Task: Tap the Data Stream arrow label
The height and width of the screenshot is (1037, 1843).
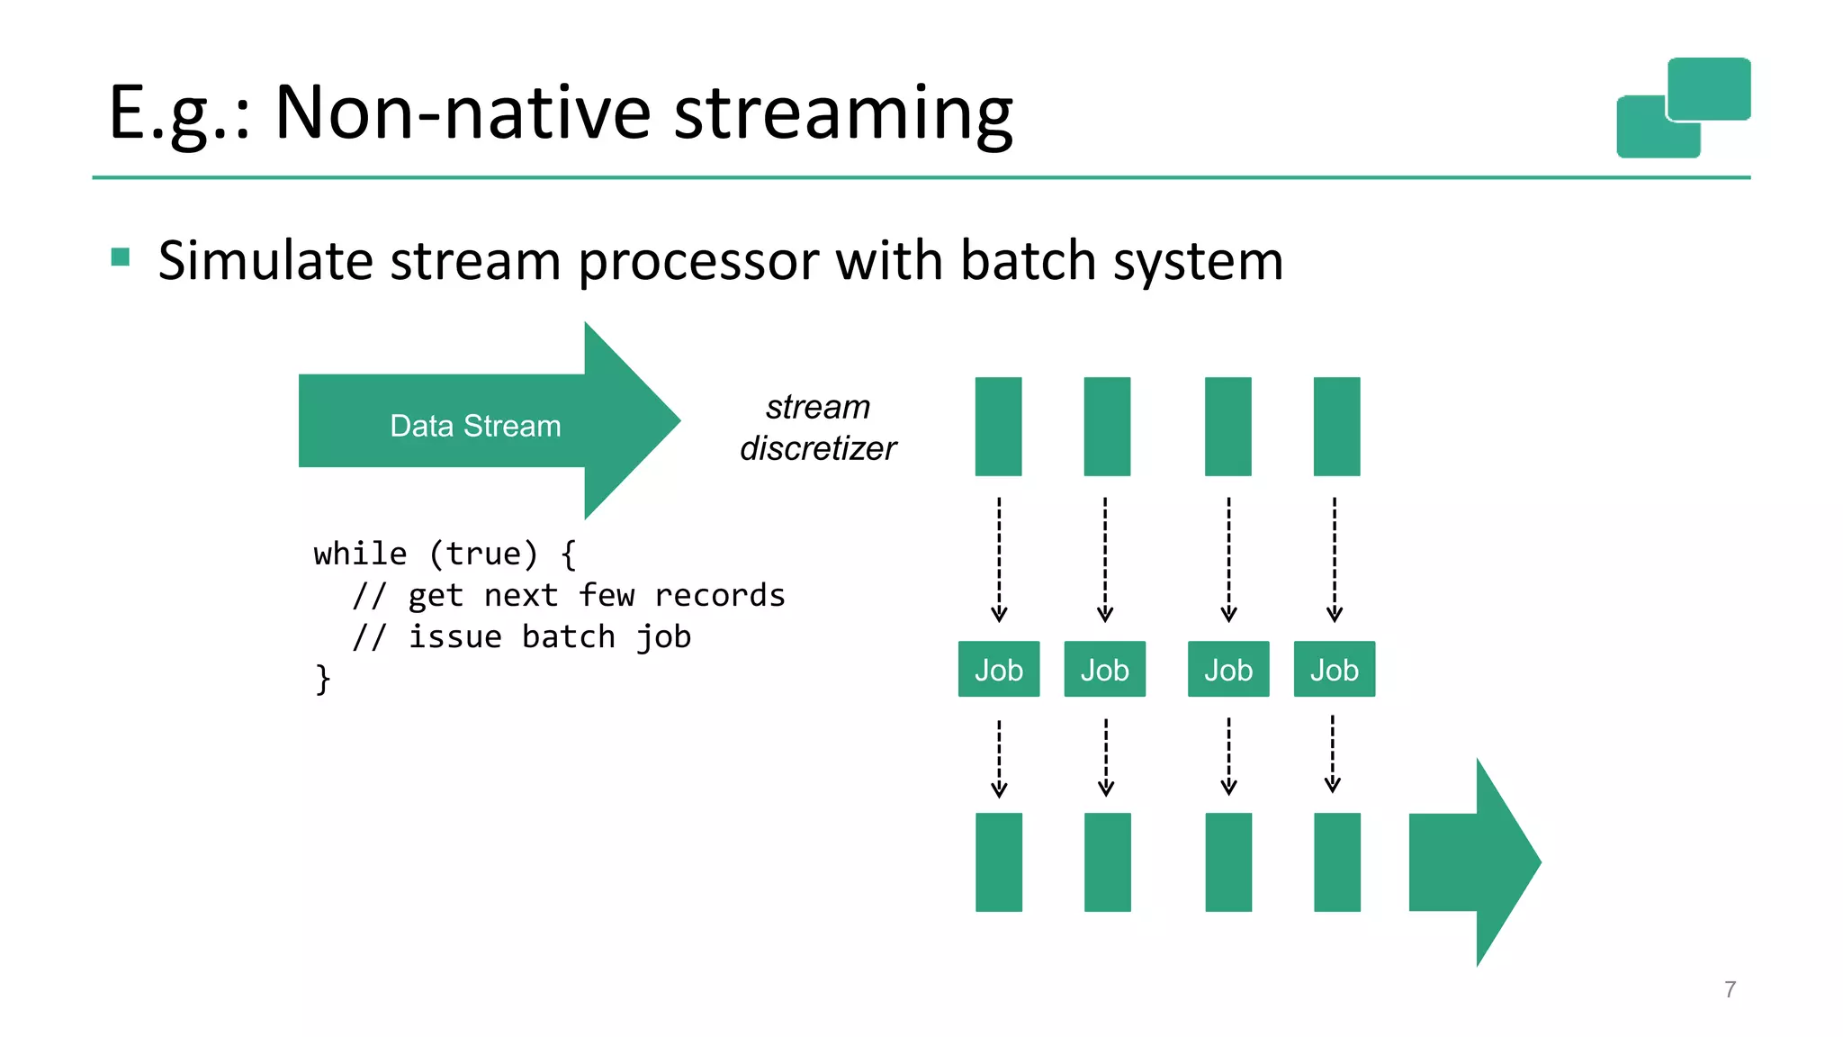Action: pyautogui.click(x=475, y=426)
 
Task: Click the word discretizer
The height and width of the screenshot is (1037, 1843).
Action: pyautogui.click(x=818, y=448)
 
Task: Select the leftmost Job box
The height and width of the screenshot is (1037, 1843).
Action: pyautogui.click(x=998, y=670)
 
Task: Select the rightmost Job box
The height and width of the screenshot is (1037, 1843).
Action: pyautogui.click(x=1334, y=670)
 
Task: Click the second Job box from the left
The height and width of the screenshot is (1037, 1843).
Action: pyautogui.click(x=1104, y=670)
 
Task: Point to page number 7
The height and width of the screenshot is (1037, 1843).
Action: pyautogui.click(x=1730, y=989)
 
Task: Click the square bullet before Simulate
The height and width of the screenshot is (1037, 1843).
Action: pyautogui.click(x=121, y=258)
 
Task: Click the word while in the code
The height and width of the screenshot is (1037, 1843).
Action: pyautogui.click(x=360, y=554)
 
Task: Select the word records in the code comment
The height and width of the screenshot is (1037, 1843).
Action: pyautogui.click(x=719, y=595)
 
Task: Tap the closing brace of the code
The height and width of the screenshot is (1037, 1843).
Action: pyautogui.click(x=322, y=679)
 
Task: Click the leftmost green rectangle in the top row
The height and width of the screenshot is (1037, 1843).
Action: pyautogui.click(x=998, y=427)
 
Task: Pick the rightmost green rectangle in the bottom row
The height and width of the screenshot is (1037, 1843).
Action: pyautogui.click(x=1336, y=862)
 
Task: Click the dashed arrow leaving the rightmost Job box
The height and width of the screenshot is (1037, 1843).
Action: pyautogui.click(x=1333, y=754)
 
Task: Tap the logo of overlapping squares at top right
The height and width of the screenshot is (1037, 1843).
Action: pyautogui.click(x=1684, y=107)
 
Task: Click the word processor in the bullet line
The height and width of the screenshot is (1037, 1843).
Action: pyautogui.click(x=699, y=261)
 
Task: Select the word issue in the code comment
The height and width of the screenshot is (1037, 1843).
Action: pyautogui.click(x=455, y=636)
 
